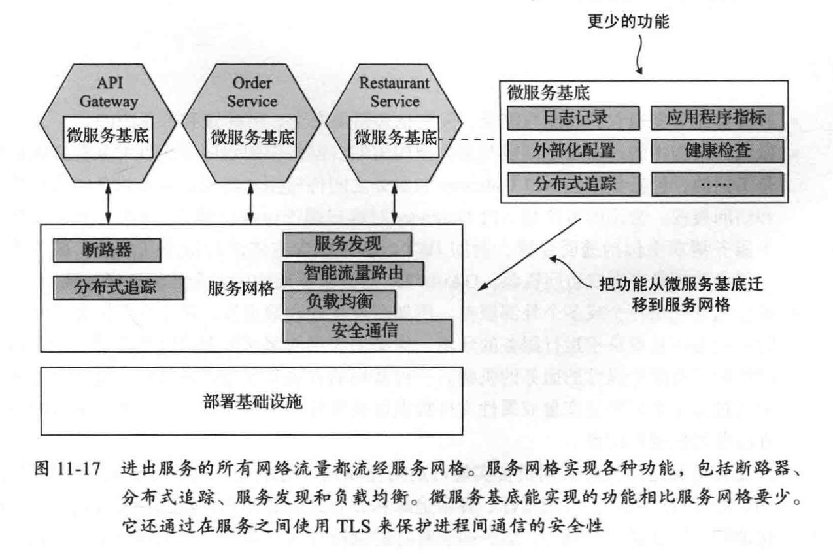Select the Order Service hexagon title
254,92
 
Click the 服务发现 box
347,244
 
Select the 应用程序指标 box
716,118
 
